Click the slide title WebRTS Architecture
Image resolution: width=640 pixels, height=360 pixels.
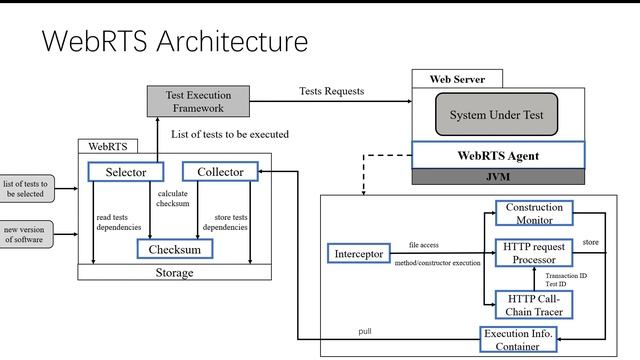[x=174, y=42]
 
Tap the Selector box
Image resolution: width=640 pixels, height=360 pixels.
[x=132, y=172]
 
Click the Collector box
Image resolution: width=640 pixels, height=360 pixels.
[x=220, y=172]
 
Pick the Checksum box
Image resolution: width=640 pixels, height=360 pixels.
[x=174, y=248]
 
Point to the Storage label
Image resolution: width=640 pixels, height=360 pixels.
[x=174, y=272]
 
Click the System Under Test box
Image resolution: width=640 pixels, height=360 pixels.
[x=495, y=115]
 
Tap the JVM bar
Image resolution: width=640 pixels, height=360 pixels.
[x=497, y=177]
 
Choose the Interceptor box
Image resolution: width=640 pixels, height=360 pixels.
[x=357, y=254]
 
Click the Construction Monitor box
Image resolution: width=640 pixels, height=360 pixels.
[x=534, y=213]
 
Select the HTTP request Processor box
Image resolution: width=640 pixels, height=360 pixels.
[x=534, y=253]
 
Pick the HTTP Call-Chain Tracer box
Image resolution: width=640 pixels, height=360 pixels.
[x=534, y=303]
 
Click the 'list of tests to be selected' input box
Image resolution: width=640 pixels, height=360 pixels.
[x=26, y=189]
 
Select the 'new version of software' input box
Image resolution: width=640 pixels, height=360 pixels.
[x=26, y=234]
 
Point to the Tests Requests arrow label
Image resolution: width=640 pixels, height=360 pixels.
[x=331, y=91]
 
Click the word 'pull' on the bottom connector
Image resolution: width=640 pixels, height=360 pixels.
[x=366, y=331]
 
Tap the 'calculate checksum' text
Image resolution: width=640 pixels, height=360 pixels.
[x=172, y=199]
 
